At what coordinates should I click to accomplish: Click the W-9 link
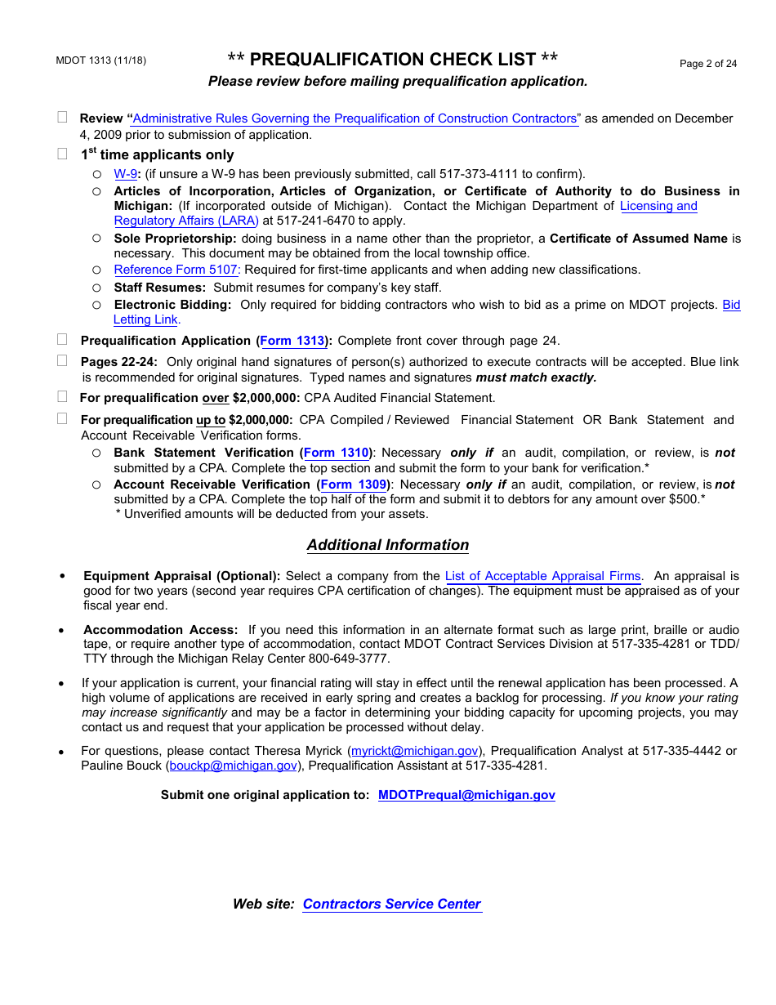pyautogui.click(x=125, y=174)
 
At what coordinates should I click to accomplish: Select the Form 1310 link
pyautogui.click(x=337, y=453)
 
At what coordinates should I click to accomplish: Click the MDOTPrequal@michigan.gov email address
pyautogui.click(x=466, y=795)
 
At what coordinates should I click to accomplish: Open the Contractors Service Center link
pyautogui.click(x=391, y=904)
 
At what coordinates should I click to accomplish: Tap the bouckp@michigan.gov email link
pyautogui.click(x=233, y=766)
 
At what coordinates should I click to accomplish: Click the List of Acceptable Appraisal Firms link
pyautogui.click(x=542, y=576)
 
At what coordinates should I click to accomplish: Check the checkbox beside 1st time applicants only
pyautogui.click(x=63, y=154)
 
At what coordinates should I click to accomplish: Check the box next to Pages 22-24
pyautogui.click(x=63, y=360)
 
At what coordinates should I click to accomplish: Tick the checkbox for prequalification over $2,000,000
pyautogui.click(x=63, y=397)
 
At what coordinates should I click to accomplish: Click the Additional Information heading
pyautogui.click(x=388, y=545)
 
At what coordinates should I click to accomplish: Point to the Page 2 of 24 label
pyautogui.click(x=708, y=64)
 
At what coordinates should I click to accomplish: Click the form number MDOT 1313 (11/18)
pyautogui.click(x=101, y=60)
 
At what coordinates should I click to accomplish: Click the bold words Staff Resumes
pyautogui.click(x=159, y=288)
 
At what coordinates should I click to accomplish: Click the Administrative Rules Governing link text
pyautogui.click(x=355, y=118)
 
